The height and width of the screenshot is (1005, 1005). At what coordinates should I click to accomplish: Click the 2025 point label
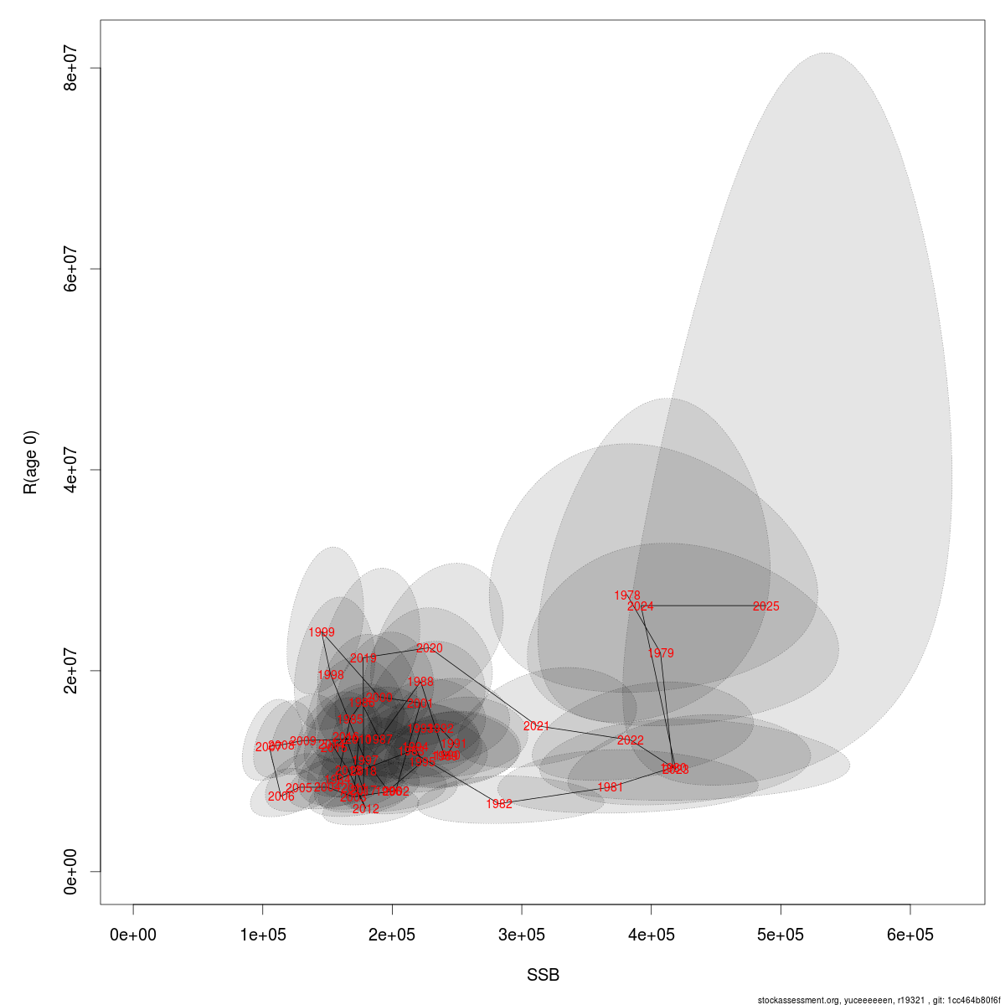coord(765,606)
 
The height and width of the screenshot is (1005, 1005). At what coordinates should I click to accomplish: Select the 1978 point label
coord(626,595)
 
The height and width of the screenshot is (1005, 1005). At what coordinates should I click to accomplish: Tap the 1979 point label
coord(660,653)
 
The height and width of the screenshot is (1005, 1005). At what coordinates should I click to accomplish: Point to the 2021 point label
coord(536,726)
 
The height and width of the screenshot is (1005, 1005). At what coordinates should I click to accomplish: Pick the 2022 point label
coord(630,740)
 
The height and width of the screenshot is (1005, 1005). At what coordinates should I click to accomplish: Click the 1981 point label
coord(610,787)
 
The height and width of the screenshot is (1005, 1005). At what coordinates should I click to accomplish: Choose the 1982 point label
coord(499,804)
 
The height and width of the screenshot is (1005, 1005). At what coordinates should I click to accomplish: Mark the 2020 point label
coord(429,648)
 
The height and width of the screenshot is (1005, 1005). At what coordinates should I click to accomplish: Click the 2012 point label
coord(365,809)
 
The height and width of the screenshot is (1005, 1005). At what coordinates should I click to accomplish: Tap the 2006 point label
coord(281,796)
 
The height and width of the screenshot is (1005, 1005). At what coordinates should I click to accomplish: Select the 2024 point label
coord(641,606)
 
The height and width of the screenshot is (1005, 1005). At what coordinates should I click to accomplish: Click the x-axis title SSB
coord(543,976)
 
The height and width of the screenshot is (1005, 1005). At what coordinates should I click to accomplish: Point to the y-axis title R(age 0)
coord(30,462)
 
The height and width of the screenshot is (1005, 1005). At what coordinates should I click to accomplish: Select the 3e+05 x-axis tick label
coord(522,935)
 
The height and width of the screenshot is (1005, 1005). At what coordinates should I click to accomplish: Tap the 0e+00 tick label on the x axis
coord(134,935)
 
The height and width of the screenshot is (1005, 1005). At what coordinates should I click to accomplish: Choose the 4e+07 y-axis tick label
coord(72,470)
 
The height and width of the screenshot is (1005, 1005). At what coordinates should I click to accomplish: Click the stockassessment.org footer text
coord(879,1000)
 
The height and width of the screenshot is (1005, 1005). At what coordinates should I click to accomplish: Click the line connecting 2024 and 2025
coord(703,606)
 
